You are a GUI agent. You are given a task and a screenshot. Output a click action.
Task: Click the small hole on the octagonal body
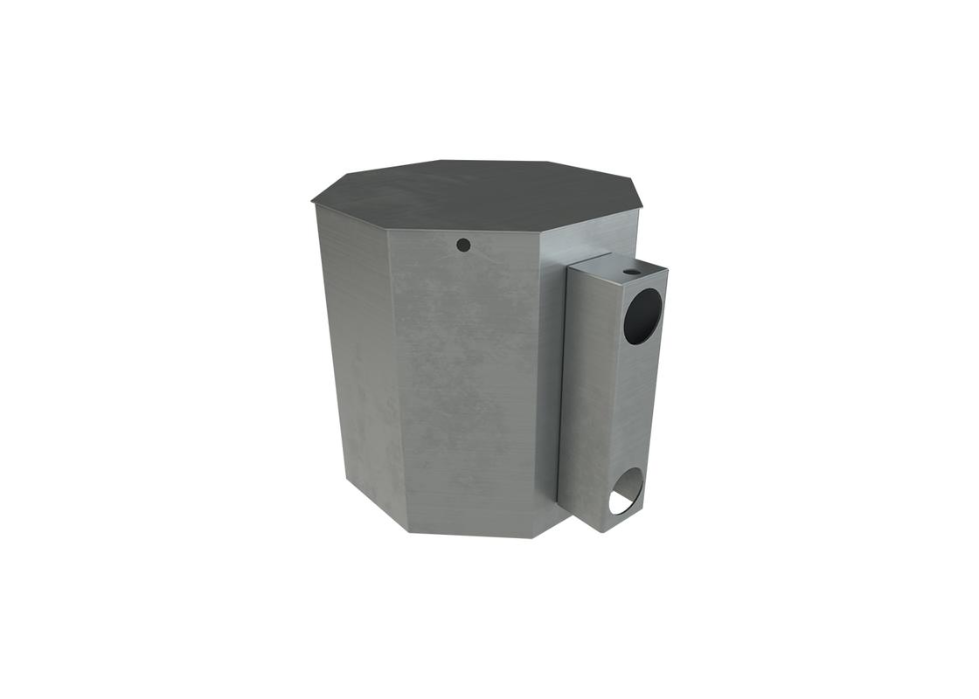click(464, 245)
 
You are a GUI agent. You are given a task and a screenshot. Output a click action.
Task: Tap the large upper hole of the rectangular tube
click(642, 315)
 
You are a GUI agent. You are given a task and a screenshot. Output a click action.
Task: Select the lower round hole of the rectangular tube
click(626, 491)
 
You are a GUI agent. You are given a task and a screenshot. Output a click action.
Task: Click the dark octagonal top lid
click(476, 194)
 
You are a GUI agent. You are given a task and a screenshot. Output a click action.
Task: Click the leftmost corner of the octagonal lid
click(312, 202)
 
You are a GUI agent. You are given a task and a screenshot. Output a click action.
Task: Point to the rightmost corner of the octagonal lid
click(642, 208)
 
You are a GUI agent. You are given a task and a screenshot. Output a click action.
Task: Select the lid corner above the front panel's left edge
click(386, 230)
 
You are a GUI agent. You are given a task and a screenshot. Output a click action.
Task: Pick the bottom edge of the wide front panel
click(472, 534)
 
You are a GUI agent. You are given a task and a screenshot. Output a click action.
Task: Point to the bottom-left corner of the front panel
click(409, 530)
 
